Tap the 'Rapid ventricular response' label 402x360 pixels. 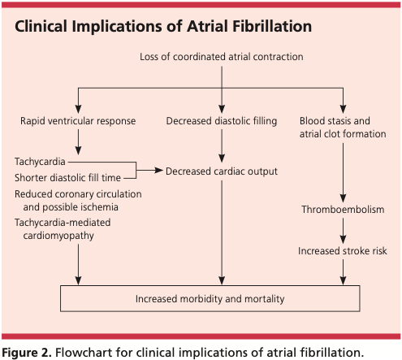pyautogui.click(x=78, y=121)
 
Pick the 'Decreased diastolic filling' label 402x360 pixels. pyautogui.click(x=222, y=121)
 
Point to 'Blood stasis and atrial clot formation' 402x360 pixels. pyautogui.click(x=342, y=127)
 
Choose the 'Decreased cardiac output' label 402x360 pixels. pyautogui.click(x=222, y=171)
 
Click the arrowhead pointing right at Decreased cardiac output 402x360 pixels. pyautogui.click(x=158, y=171)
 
